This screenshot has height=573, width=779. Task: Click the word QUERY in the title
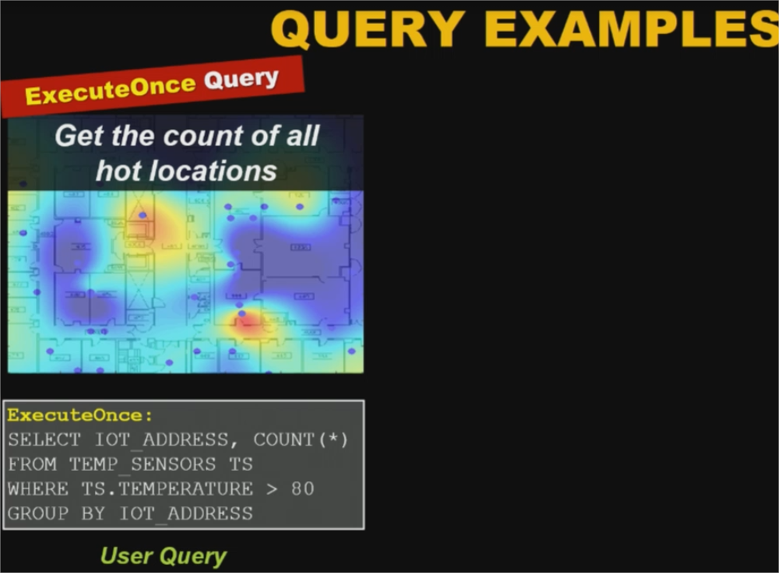pyautogui.click(x=368, y=29)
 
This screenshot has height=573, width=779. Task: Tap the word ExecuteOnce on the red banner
pyautogui.click(x=110, y=90)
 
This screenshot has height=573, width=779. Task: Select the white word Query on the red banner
pyautogui.click(x=242, y=78)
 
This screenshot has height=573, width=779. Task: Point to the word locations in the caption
pyautogui.click(x=212, y=171)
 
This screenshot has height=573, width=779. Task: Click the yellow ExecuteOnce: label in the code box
pyautogui.click(x=80, y=415)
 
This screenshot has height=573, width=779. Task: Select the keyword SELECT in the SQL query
pyautogui.click(x=44, y=440)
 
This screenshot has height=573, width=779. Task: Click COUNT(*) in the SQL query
pyautogui.click(x=301, y=440)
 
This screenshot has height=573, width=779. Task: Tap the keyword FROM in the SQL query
pyautogui.click(x=32, y=464)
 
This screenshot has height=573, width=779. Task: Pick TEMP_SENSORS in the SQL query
pyautogui.click(x=143, y=464)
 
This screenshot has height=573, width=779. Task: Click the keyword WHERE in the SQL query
pyautogui.click(x=37, y=489)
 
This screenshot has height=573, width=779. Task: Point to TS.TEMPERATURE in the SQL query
pyautogui.click(x=167, y=489)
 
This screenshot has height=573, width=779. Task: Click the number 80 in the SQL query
pyautogui.click(x=302, y=489)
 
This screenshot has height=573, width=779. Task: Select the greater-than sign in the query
pyautogui.click(x=272, y=489)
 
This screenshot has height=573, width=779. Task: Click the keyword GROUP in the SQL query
pyautogui.click(x=37, y=513)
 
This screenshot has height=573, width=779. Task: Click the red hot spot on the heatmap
pyautogui.click(x=246, y=323)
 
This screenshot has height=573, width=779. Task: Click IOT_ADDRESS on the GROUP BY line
pyautogui.click(x=187, y=513)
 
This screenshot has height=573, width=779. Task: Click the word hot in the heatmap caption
pyautogui.click(x=118, y=171)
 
